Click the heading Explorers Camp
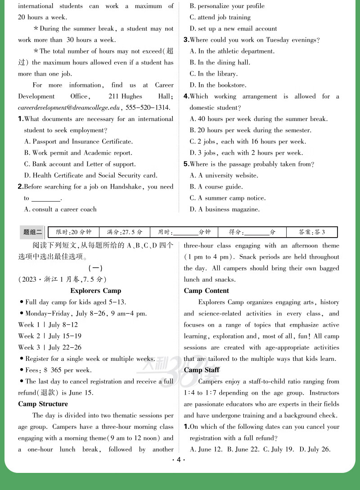(x=95, y=291)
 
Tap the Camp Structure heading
(x=43, y=404)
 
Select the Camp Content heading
(x=206, y=291)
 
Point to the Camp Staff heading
(x=202, y=370)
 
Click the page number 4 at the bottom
(x=179, y=459)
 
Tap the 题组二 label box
(x=32, y=232)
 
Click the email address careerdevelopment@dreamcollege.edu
(x=69, y=108)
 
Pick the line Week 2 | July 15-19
(x=49, y=336)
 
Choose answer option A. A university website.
(x=224, y=175)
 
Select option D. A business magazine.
(x=225, y=209)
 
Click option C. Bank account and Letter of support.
(x=80, y=164)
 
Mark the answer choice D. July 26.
(x=315, y=449)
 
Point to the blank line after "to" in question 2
(x=45, y=199)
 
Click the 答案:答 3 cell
(x=312, y=232)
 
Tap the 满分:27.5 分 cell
(x=125, y=232)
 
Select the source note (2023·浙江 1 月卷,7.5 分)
(x=63, y=279)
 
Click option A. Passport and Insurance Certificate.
(x=78, y=142)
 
